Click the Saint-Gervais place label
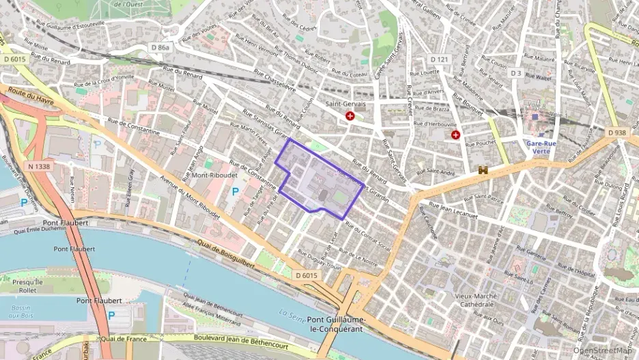point(345,104)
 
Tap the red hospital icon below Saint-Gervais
point(350,117)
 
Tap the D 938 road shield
point(618,132)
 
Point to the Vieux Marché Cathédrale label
point(478,301)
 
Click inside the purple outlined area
point(321,179)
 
